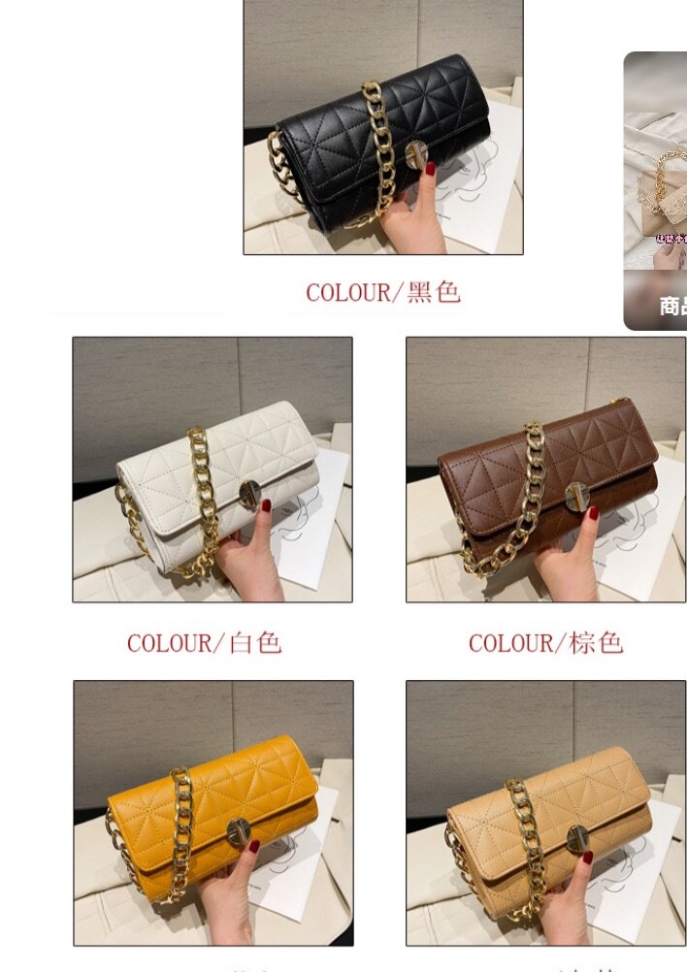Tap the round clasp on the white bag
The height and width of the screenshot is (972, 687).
[249, 495]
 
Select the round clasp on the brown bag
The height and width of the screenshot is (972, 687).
[576, 494]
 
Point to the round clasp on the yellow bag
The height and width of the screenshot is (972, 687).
[238, 830]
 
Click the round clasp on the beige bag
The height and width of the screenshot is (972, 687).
[577, 836]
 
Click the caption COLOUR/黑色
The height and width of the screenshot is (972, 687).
[383, 292]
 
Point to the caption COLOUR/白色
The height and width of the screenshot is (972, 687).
[204, 642]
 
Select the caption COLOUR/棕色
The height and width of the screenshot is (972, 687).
[545, 642]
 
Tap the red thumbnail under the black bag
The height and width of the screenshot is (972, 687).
[430, 169]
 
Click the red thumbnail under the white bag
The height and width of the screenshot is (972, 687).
[264, 505]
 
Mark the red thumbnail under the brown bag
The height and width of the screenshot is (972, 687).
[593, 511]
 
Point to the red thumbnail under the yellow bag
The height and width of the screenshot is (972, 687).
[254, 846]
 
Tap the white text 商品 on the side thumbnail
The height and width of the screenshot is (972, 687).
[672, 307]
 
